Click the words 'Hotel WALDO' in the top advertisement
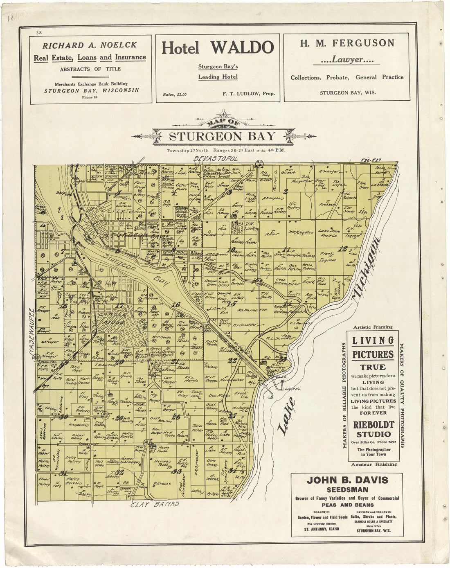pos(218,48)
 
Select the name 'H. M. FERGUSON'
pos(347,43)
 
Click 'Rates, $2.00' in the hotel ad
pos(175,95)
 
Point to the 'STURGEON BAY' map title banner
pos(222,136)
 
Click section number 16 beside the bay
pos(176,304)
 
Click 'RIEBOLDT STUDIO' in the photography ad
pos(373,429)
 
